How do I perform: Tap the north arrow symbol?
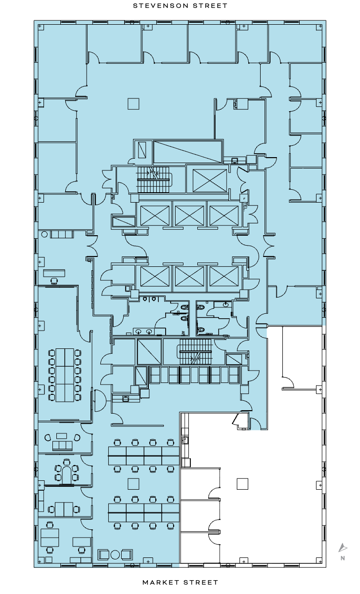click(x=342, y=548)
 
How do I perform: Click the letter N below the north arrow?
click(x=342, y=558)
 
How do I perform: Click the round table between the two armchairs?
click(x=115, y=554)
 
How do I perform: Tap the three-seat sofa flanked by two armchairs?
click(x=62, y=445)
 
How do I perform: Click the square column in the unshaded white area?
click(x=242, y=483)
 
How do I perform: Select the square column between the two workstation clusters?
click(x=133, y=483)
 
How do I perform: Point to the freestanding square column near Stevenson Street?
click(x=133, y=103)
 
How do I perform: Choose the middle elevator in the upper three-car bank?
click(x=189, y=215)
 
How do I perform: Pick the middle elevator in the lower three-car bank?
click(x=189, y=276)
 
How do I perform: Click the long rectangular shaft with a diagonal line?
click(x=187, y=151)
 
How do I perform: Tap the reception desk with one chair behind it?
click(x=54, y=273)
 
